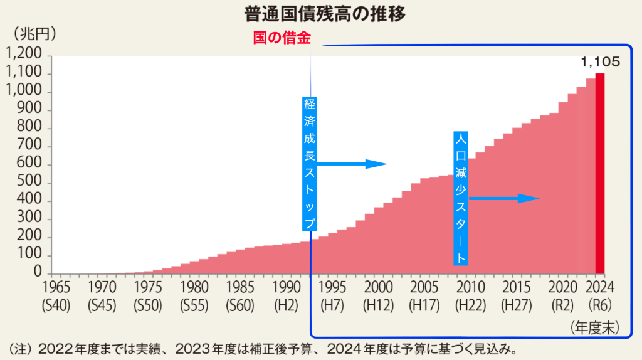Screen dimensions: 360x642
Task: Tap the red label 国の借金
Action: (282, 38)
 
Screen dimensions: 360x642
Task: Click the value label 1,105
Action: (600, 61)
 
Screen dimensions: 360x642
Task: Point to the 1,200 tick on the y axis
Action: (25, 55)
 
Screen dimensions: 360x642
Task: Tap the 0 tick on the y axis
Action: (38, 274)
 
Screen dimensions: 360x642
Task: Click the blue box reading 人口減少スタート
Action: (461, 198)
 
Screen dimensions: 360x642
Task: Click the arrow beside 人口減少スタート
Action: (504, 199)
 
